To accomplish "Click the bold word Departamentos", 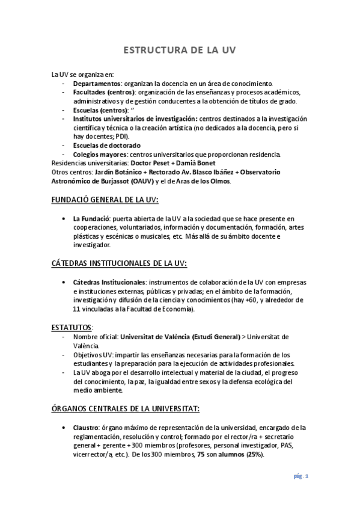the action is [97, 83].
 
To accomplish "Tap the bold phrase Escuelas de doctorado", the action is [106, 146].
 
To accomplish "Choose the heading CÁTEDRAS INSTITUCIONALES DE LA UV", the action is [119, 263].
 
